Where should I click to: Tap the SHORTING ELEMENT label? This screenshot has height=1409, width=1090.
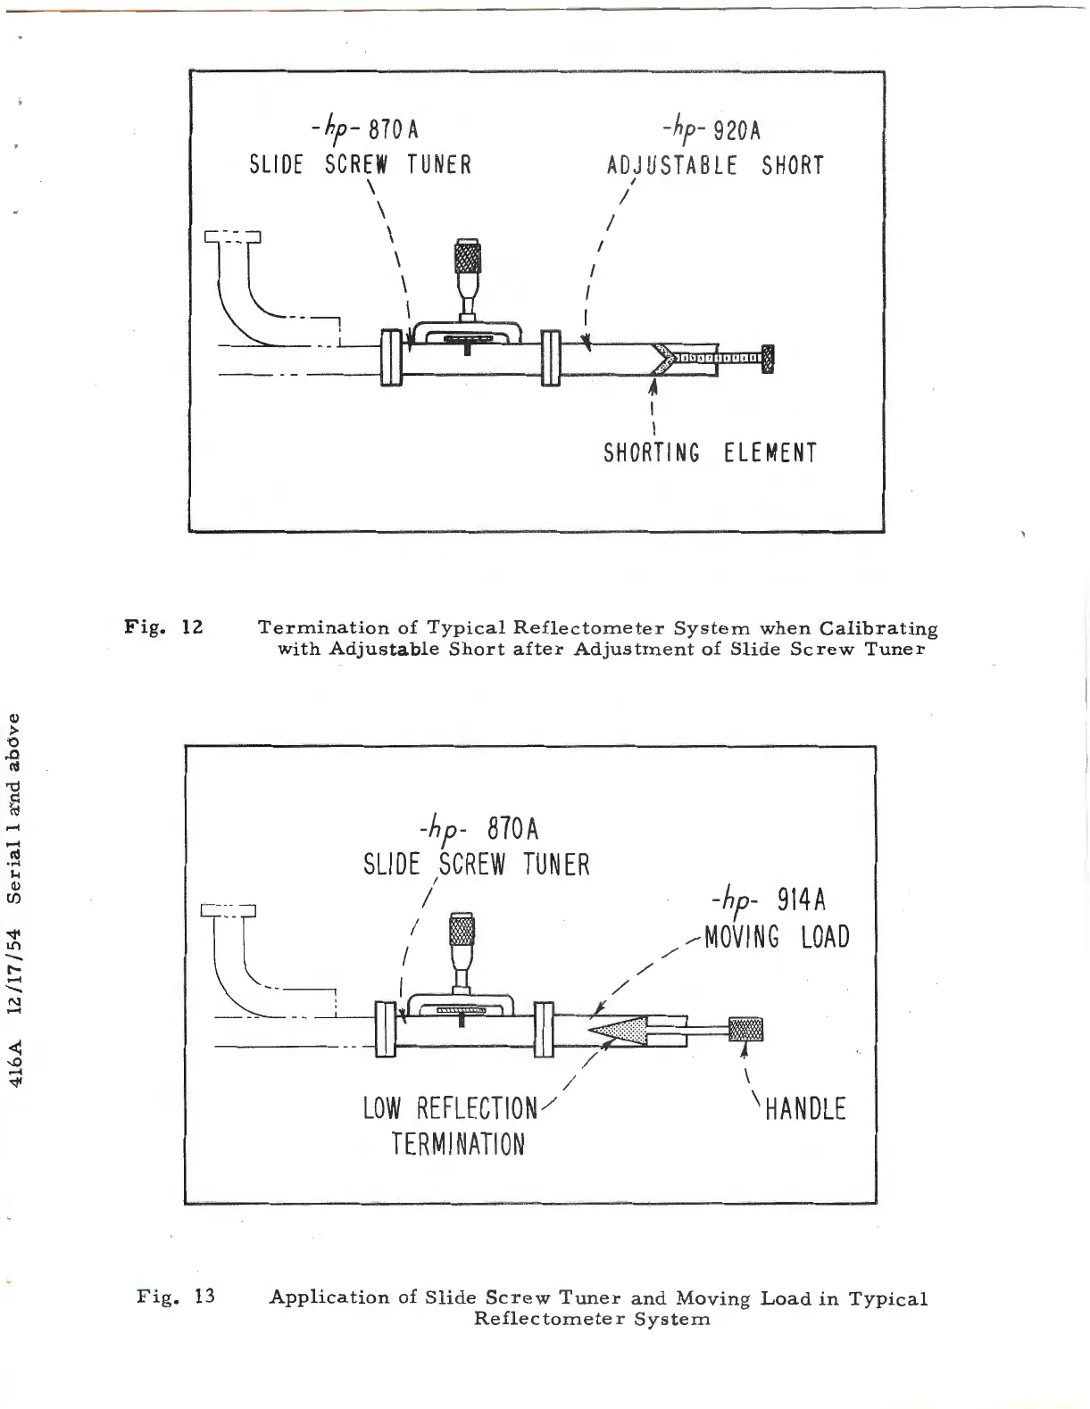tap(710, 453)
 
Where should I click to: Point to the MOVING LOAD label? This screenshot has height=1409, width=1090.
tap(777, 938)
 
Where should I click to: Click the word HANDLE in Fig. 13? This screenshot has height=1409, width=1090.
tap(806, 1110)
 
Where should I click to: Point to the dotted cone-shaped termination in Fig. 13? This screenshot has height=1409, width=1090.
tap(615, 1031)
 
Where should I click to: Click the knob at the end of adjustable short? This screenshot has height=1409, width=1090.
tap(767, 360)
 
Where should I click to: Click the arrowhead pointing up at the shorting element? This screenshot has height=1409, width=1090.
tap(653, 386)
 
